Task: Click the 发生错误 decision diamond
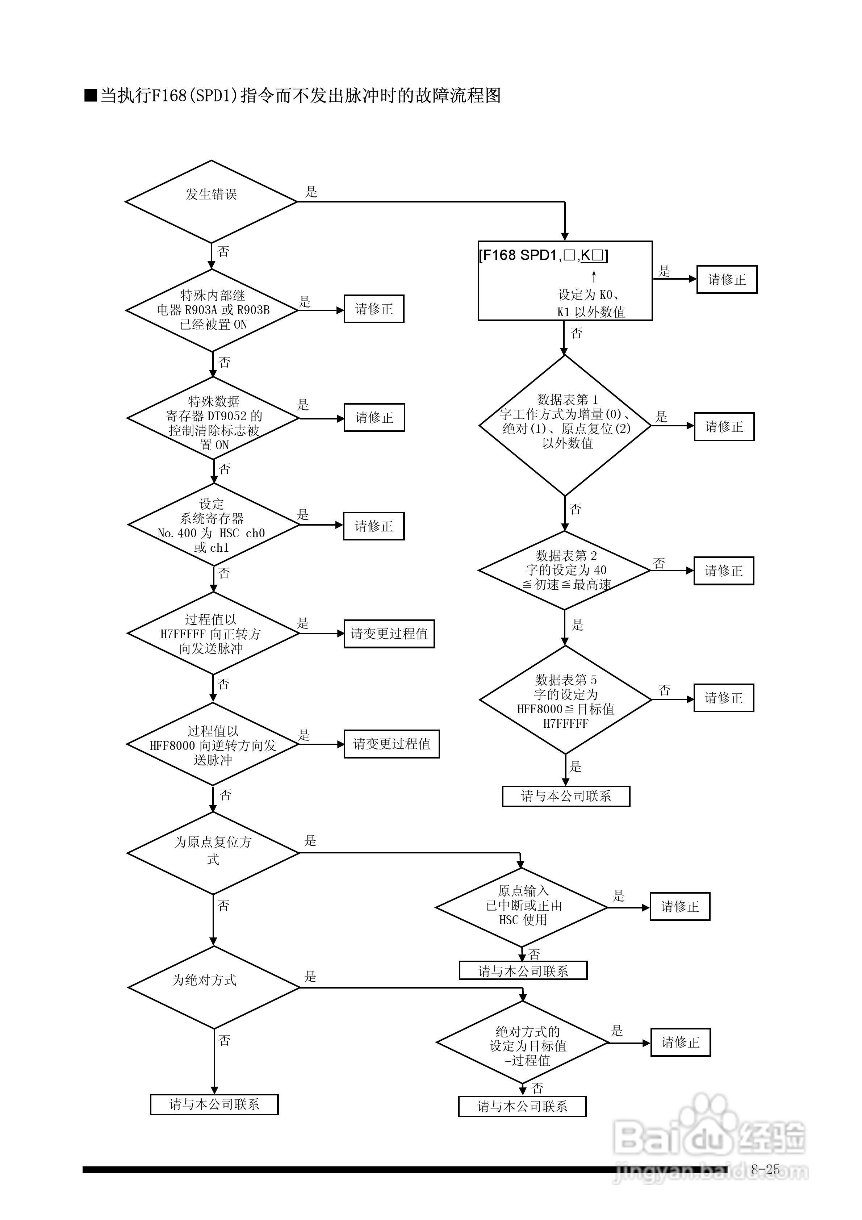coord(211,202)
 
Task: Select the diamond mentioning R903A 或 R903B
coord(212,310)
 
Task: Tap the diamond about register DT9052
coord(213,418)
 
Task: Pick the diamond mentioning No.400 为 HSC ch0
coord(214,525)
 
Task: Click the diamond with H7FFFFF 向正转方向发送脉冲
coord(213,634)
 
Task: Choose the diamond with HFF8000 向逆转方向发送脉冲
coord(213,744)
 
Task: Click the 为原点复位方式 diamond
coord(213,853)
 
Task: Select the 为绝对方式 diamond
coord(214,988)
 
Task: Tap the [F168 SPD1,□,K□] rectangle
coord(565,281)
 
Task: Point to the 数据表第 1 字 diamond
coord(565,425)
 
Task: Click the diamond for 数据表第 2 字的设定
coord(564,570)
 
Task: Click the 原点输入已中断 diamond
coord(521,907)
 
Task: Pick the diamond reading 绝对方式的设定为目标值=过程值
coord(522,1043)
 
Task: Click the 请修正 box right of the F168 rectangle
coord(727,280)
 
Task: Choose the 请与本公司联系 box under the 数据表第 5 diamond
coord(566,796)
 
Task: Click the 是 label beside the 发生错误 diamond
coord(311,192)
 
